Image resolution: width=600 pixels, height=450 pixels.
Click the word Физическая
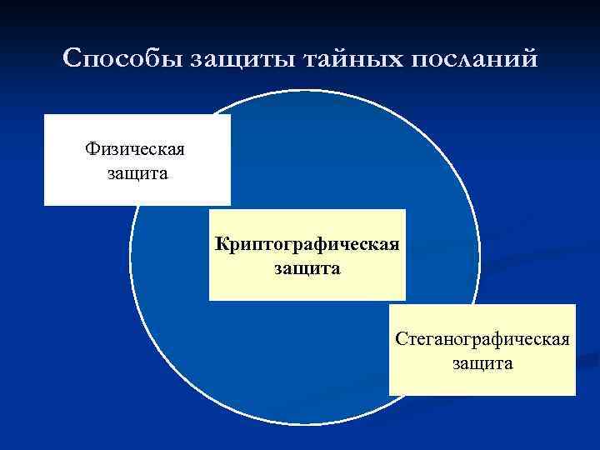coord(135,150)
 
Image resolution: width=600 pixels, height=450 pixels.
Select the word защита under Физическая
coord(137,174)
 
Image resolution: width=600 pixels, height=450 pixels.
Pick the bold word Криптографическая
coord(307,245)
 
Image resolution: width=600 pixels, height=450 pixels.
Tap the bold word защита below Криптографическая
coord(307,269)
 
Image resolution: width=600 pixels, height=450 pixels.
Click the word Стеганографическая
coord(482,340)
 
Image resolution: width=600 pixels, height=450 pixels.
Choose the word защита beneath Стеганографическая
coord(482,364)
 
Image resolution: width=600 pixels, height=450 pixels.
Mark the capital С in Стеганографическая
coord(401,340)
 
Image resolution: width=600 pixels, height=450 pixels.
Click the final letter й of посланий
coord(532,61)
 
